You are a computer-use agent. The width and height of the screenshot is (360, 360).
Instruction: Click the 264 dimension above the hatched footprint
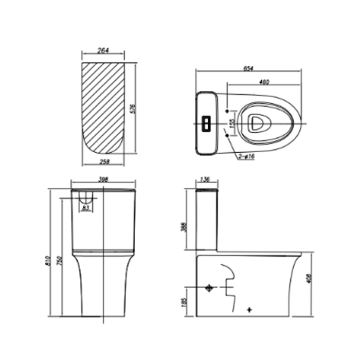pos(103,50)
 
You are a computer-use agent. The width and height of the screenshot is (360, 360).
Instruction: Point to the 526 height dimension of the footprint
pos(133,109)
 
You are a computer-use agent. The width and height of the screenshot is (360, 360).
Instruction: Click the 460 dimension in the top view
pos(264,82)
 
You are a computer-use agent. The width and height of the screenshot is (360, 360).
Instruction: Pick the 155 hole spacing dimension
pos(233,123)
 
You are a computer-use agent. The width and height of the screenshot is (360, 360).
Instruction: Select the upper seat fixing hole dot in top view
pos(227,111)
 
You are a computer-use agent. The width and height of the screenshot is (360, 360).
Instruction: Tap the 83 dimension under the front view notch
pos(86,207)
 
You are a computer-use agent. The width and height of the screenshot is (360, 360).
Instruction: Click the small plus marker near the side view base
pos(250,310)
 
